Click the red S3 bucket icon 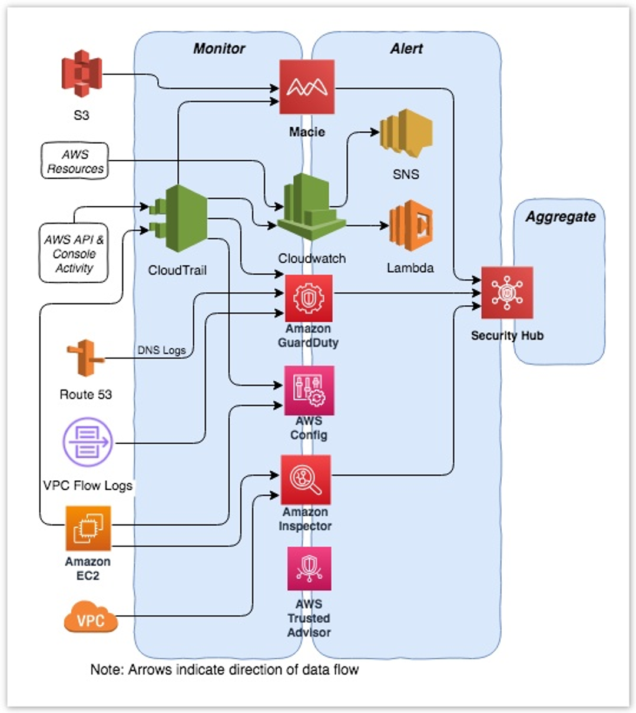82,74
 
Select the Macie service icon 307,87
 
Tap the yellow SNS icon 406,134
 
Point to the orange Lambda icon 411,226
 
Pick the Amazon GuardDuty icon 309,298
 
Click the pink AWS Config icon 309,390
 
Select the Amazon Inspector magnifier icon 306,480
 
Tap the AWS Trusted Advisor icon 309,569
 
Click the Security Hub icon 507,293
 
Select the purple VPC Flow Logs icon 88,443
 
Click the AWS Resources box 75,161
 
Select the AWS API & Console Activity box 74,253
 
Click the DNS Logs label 161,350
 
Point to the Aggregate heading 560,216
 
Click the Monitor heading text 219,48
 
